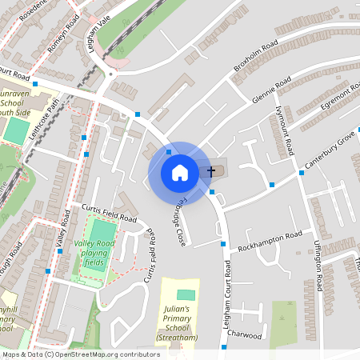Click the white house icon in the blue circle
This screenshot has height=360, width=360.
coord(180,172)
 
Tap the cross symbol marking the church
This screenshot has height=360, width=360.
coord(212,171)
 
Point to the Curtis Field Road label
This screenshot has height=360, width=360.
coord(110,212)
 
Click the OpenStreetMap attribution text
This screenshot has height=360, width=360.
coord(81,354)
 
